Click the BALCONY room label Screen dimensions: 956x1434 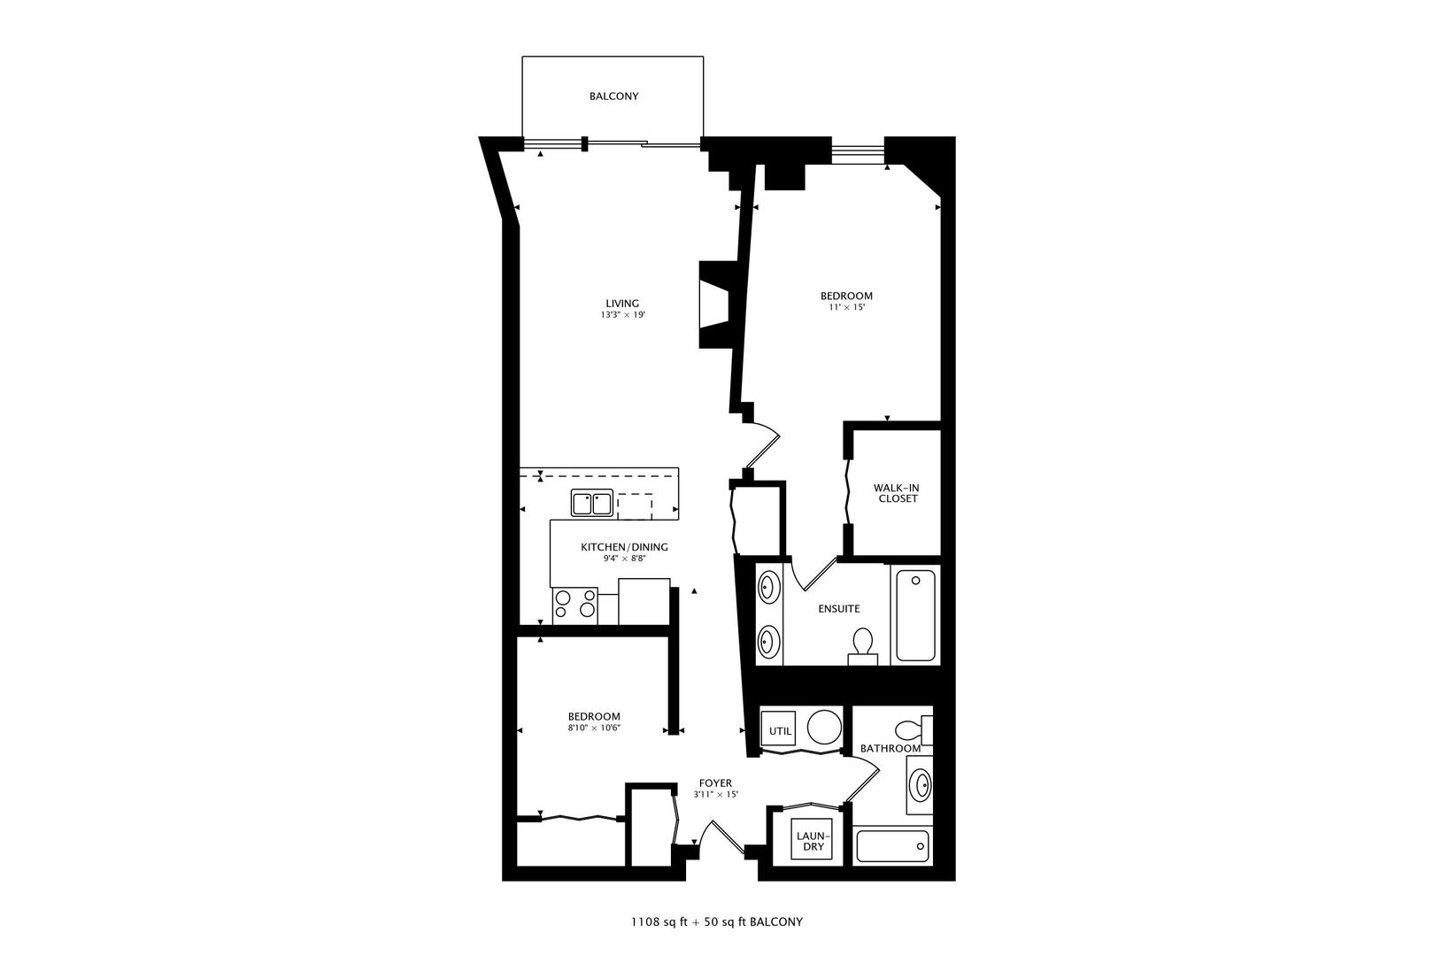[613, 96]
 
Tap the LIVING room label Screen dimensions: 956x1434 [628, 304]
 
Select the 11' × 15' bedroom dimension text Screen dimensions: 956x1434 [846, 308]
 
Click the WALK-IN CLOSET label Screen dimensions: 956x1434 [897, 493]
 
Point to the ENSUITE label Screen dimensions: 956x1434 [838, 609]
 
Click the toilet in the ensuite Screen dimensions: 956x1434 [862, 644]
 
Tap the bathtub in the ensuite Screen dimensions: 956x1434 [915, 616]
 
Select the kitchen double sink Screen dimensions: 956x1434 [591, 503]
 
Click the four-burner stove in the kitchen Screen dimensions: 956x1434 [574, 605]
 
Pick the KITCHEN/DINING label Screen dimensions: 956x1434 [624, 547]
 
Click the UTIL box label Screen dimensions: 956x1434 [780, 731]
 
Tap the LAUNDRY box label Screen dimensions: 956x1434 [813, 841]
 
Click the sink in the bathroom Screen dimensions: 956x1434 [921, 785]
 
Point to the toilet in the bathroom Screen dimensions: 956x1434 [912, 731]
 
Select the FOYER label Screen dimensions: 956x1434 [715, 783]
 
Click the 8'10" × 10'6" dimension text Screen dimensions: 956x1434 [594, 729]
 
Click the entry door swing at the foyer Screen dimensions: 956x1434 [716, 836]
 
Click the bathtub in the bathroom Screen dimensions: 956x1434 [892, 847]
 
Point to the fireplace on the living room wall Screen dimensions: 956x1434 [715, 305]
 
